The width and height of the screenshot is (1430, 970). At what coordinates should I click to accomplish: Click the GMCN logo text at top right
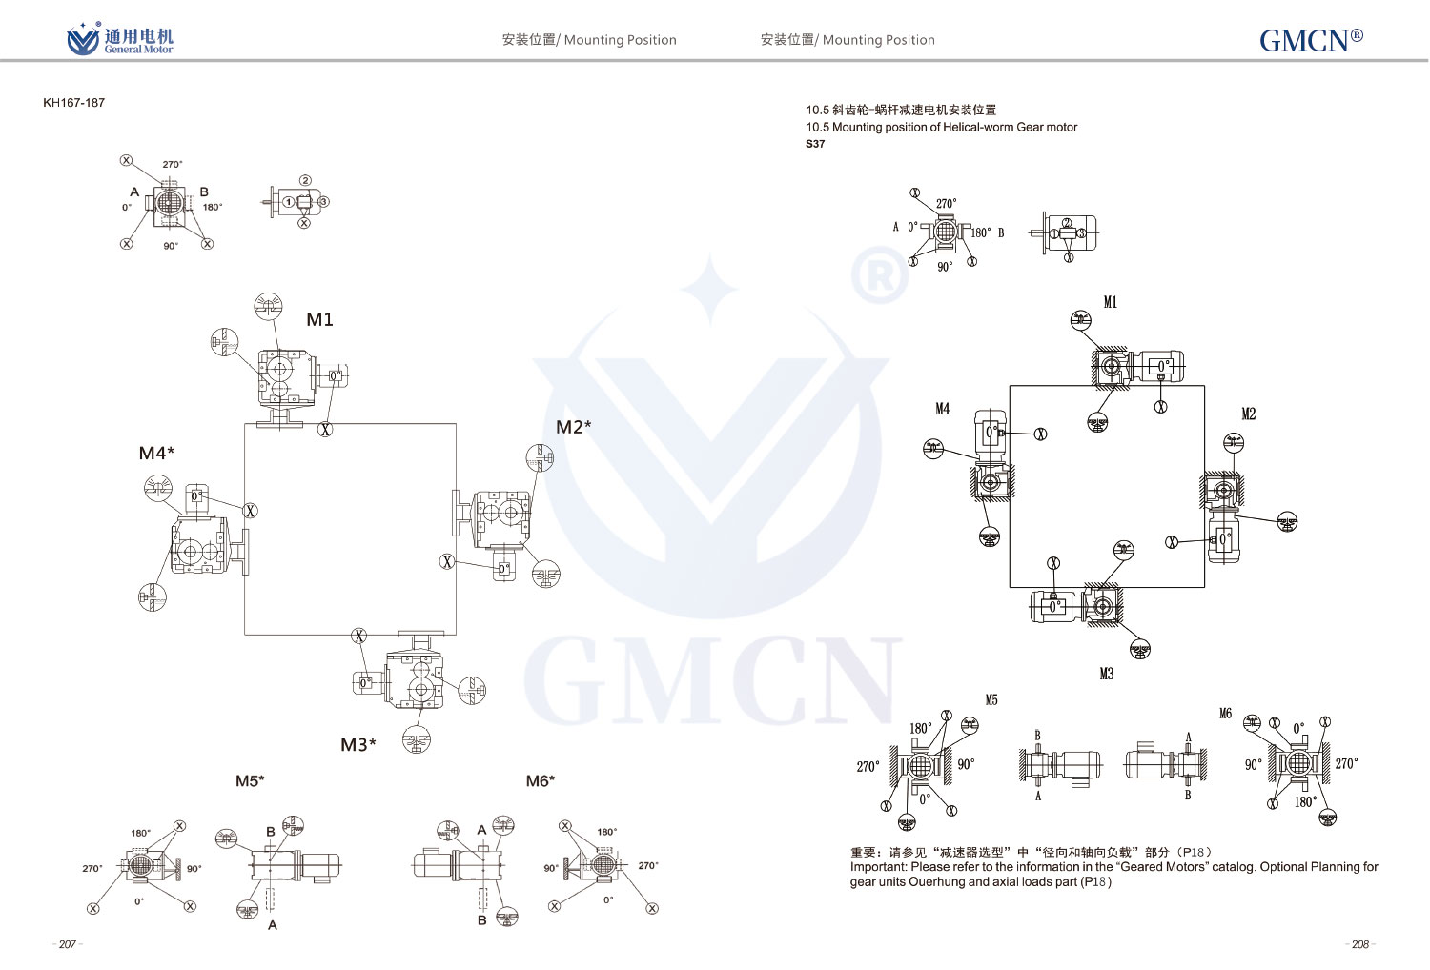point(1310,40)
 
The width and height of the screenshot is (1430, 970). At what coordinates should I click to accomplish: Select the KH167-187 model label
point(73,103)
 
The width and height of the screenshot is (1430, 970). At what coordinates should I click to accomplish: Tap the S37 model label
point(815,144)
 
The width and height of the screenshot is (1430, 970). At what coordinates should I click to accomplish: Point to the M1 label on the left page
point(319,319)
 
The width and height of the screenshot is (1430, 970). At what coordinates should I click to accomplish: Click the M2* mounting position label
point(573,427)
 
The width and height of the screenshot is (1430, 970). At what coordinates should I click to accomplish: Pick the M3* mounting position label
point(357,744)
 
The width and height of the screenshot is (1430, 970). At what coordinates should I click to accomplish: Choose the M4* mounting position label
point(156,454)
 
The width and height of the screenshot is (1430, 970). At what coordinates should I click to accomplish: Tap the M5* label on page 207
point(250,781)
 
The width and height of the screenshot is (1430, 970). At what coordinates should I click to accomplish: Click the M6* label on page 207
point(540,781)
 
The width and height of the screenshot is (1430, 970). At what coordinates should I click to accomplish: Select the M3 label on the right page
point(1106,674)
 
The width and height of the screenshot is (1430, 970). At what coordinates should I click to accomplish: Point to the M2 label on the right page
point(1248,414)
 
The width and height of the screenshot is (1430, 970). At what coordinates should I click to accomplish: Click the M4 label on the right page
point(942,409)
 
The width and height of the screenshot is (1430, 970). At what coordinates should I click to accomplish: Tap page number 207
point(67,944)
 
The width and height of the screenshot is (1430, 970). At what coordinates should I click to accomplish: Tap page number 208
point(1360,944)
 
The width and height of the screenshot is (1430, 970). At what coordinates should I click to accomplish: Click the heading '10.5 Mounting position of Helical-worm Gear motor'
point(941,127)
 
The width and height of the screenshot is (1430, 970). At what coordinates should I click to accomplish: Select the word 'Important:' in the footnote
point(878,867)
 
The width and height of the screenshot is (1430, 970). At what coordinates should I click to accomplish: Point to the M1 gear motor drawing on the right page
point(1138,367)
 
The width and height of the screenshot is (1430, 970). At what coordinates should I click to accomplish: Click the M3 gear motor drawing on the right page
point(1075,605)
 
